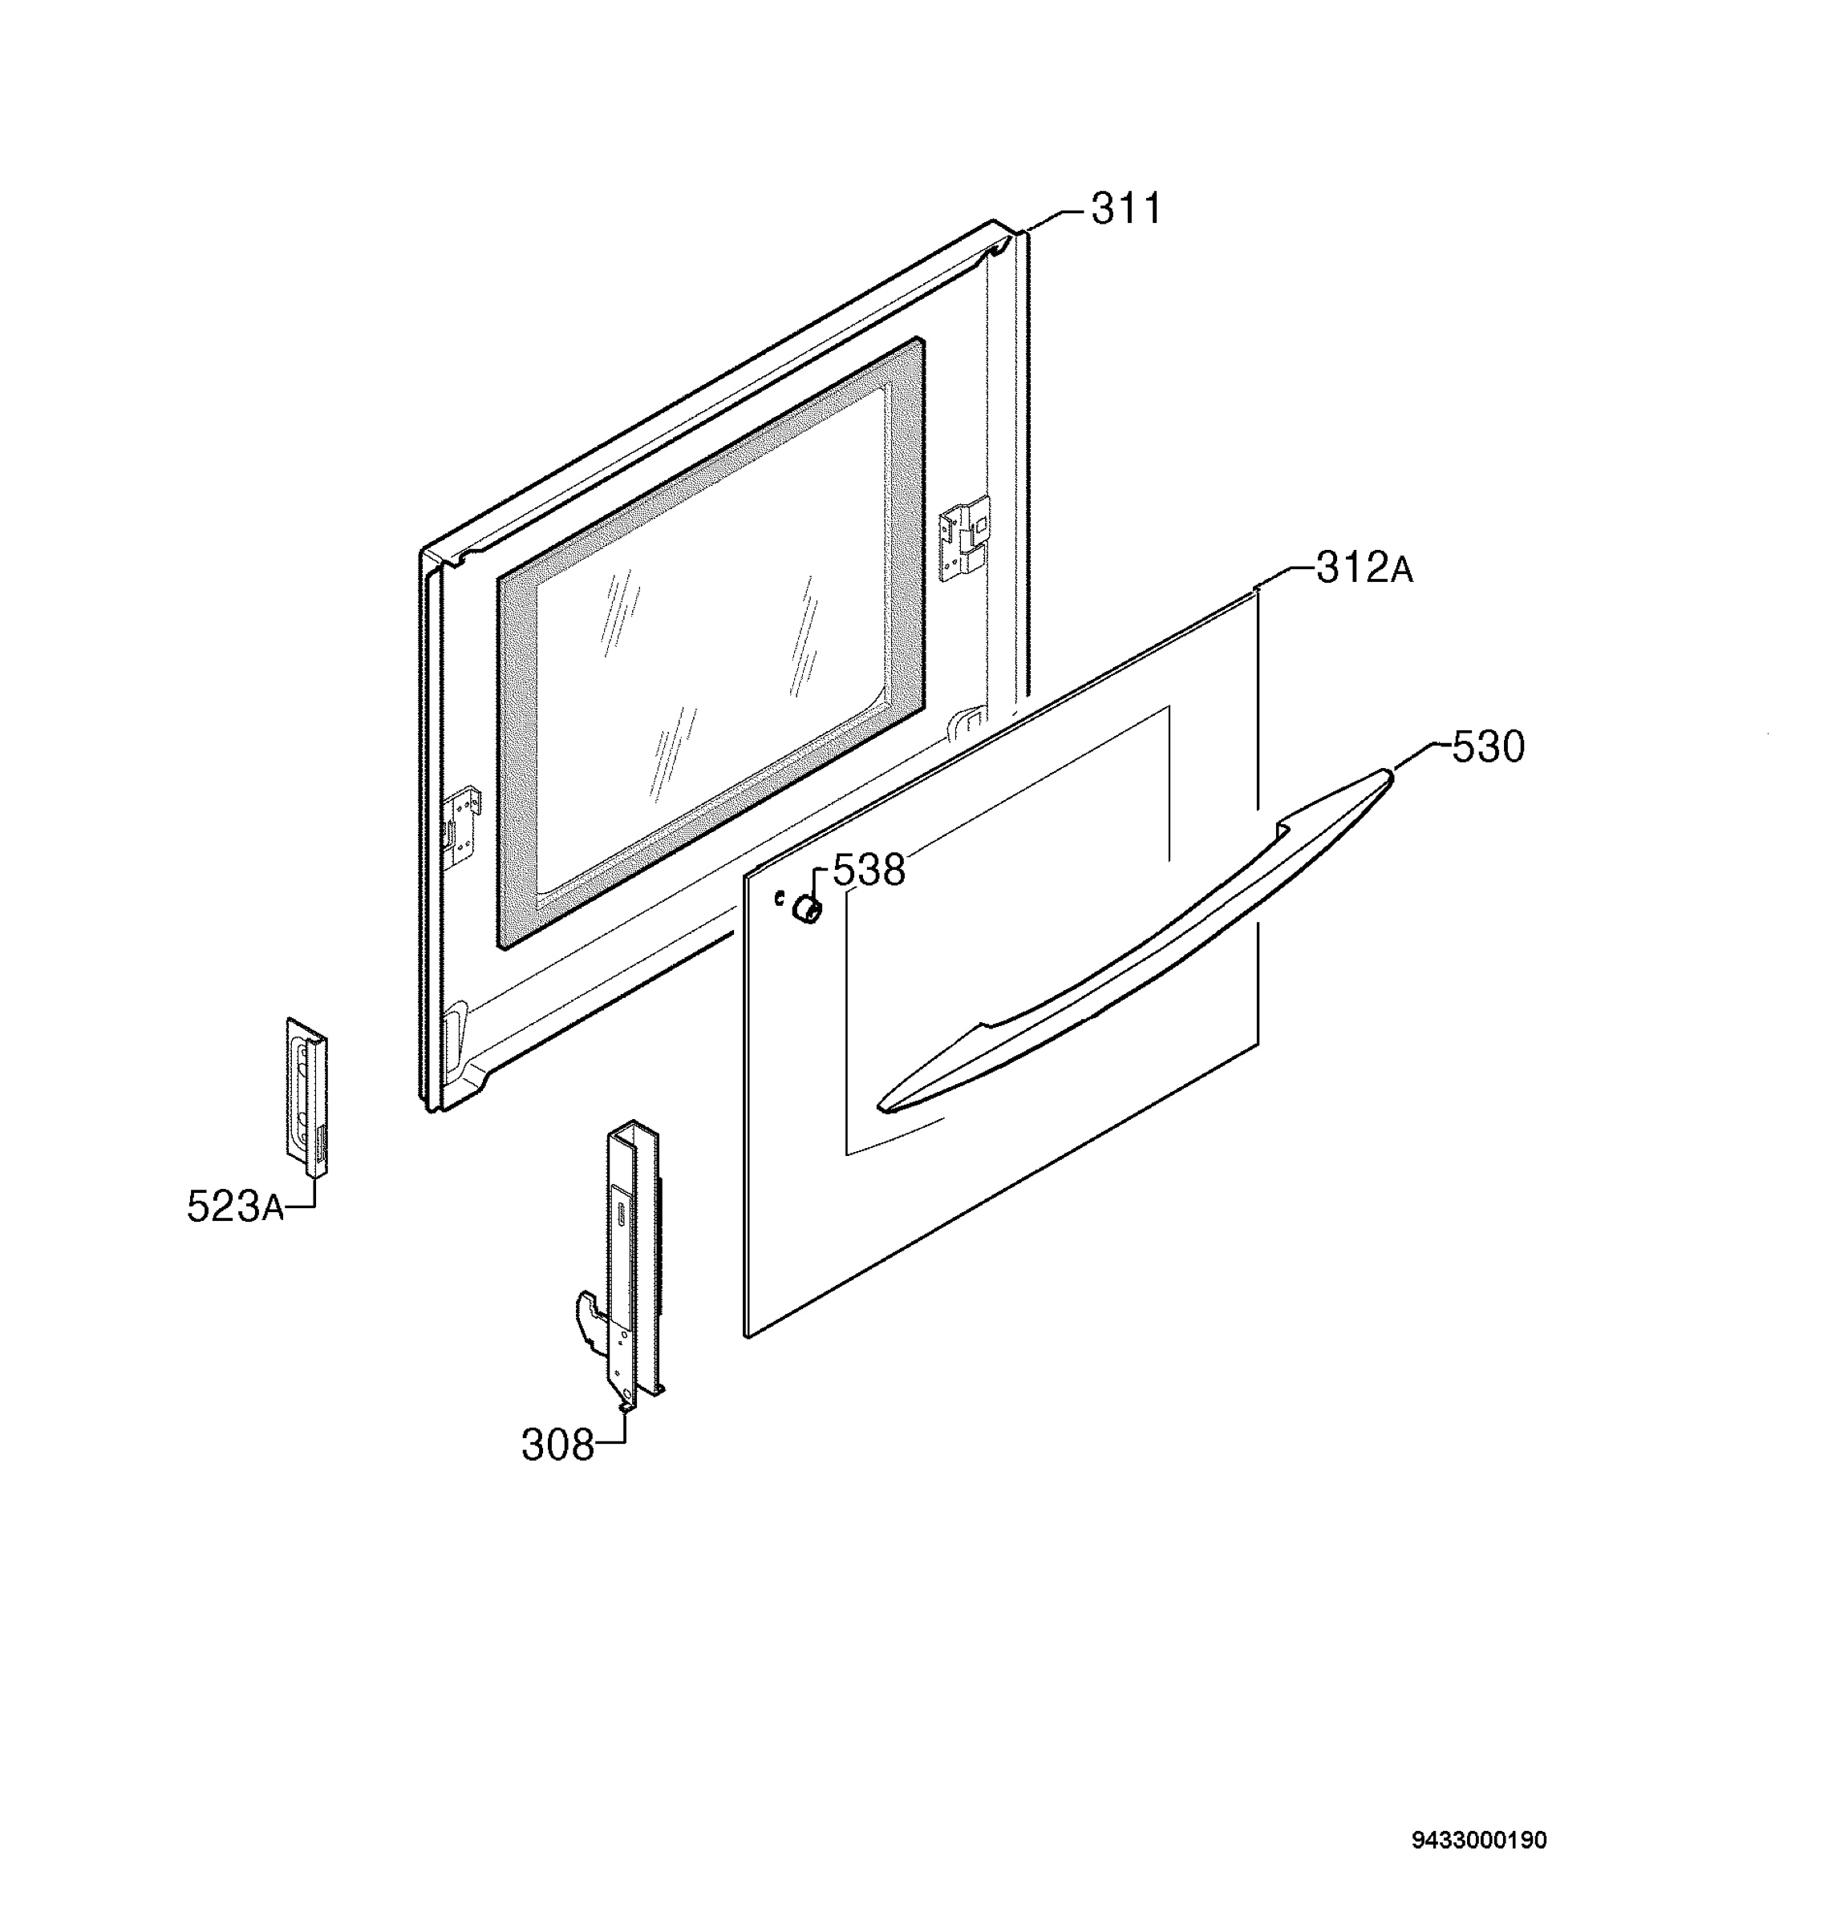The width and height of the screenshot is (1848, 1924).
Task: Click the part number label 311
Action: pos(1125,209)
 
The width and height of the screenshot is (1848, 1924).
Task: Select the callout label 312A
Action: pos(1364,568)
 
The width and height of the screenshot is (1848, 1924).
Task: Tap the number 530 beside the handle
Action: pos(1488,747)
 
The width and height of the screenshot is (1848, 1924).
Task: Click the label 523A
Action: pos(236,1207)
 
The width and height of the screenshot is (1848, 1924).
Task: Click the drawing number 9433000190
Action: pos(1479,1840)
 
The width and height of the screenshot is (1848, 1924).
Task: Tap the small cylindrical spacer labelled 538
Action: pos(806,910)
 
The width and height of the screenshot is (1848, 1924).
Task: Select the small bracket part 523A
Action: pos(306,1096)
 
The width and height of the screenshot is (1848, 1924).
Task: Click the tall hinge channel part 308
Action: pos(634,1267)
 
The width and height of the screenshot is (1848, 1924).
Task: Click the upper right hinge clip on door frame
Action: pos(965,538)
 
